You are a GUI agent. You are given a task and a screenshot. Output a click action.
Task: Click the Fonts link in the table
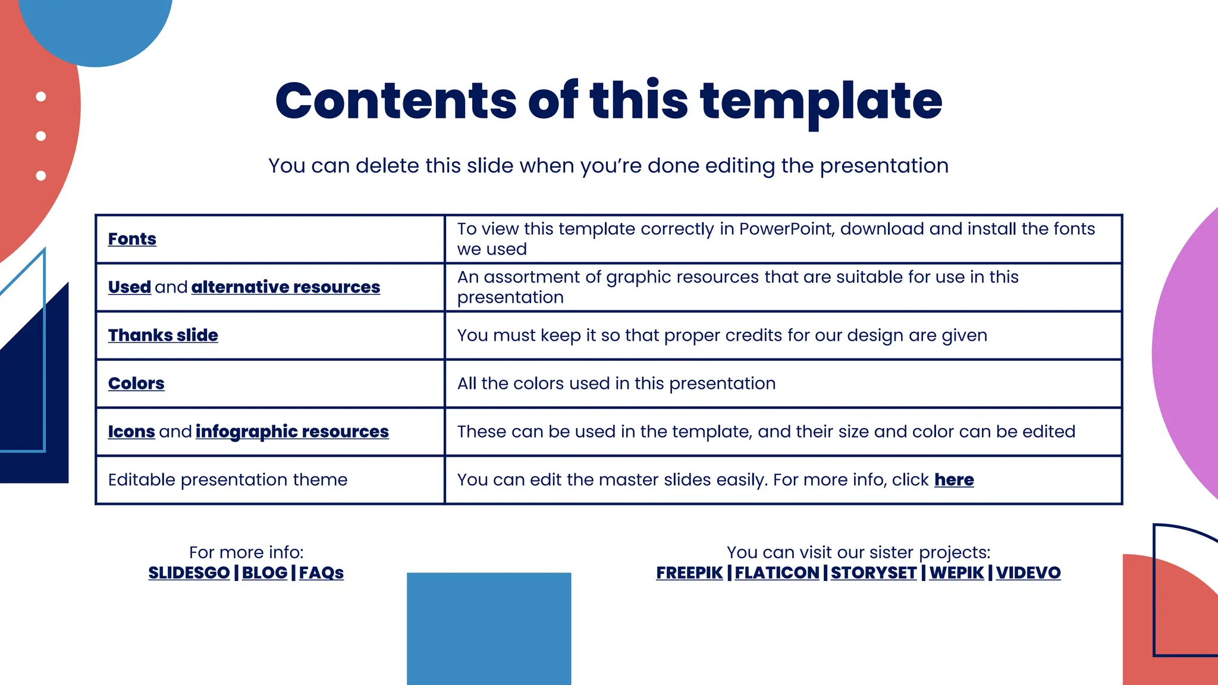pyautogui.click(x=132, y=239)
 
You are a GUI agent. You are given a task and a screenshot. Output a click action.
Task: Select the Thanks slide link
pyautogui.click(x=163, y=335)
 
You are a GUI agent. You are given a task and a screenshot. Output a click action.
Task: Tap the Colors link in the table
pyautogui.click(x=136, y=384)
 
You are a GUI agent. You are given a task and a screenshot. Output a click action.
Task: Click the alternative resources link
pyautogui.click(x=285, y=287)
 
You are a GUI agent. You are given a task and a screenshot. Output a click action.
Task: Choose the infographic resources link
pyautogui.click(x=292, y=432)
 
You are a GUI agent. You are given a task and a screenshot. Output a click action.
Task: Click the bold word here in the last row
pyautogui.click(x=954, y=480)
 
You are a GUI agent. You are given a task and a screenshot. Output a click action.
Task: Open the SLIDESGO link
pyautogui.click(x=189, y=573)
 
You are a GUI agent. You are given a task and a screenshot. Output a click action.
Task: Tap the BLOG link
pyautogui.click(x=265, y=573)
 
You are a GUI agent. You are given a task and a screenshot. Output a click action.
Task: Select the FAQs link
pyautogui.click(x=321, y=573)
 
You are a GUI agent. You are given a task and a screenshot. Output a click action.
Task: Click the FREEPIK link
pyautogui.click(x=689, y=573)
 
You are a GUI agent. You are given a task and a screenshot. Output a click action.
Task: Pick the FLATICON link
pyautogui.click(x=777, y=573)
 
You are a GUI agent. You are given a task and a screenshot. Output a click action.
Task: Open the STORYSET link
pyautogui.click(x=874, y=573)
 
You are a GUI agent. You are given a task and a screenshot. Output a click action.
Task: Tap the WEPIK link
pyautogui.click(x=956, y=573)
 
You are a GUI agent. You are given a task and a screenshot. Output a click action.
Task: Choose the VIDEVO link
pyautogui.click(x=1028, y=573)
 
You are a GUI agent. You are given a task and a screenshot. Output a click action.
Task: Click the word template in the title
pyautogui.click(x=821, y=101)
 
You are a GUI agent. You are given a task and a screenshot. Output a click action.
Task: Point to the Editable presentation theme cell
pyautogui.click(x=228, y=480)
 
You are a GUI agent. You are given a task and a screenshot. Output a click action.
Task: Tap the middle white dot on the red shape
pyautogui.click(x=41, y=136)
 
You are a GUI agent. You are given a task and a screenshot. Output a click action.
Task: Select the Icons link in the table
pyautogui.click(x=131, y=432)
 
